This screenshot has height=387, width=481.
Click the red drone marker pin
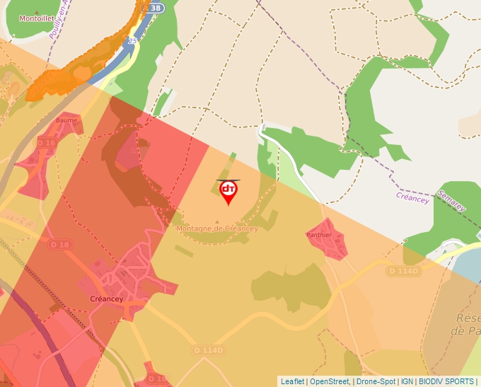pyautogui.click(x=228, y=190)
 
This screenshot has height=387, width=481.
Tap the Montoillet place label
pyautogui.click(x=36, y=18)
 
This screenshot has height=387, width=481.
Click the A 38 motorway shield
pyautogui.click(x=152, y=8)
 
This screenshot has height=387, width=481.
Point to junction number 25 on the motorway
pyautogui.click(x=132, y=42)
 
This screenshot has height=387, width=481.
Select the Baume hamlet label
pyautogui.click(x=66, y=120)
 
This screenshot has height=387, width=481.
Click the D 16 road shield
pyautogui.click(x=46, y=143)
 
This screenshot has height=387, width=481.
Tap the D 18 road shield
pyautogui.click(x=61, y=245)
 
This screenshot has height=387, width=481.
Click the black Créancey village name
pyautogui.click(x=107, y=299)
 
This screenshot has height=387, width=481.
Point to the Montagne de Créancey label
pyautogui.click(x=217, y=229)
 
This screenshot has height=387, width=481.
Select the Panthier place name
pyautogui.click(x=319, y=234)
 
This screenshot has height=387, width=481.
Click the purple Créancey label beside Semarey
pyautogui.click(x=412, y=199)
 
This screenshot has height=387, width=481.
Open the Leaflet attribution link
pyautogui.click(x=292, y=381)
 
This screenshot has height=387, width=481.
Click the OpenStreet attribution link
pyautogui.click(x=330, y=381)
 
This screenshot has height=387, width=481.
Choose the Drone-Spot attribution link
pyautogui.click(x=376, y=381)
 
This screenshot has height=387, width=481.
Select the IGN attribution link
pyautogui.click(x=407, y=381)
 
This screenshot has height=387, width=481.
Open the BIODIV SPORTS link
pyautogui.click(x=446, y=381)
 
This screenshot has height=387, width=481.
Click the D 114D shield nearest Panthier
pyautogui.click(x=404, y=271)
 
